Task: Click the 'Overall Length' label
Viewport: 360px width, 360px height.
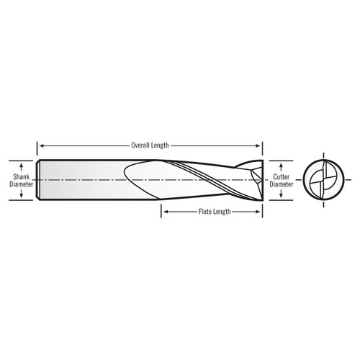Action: click(150, 145)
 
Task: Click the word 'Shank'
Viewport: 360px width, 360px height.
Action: click(21, 175)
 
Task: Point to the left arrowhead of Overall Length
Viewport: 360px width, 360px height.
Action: click(41, 145)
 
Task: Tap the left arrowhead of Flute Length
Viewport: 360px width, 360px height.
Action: click(163, 212)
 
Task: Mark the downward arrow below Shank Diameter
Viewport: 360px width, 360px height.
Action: click(21, 193)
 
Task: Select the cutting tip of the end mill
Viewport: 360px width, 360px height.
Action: click(259, 178)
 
